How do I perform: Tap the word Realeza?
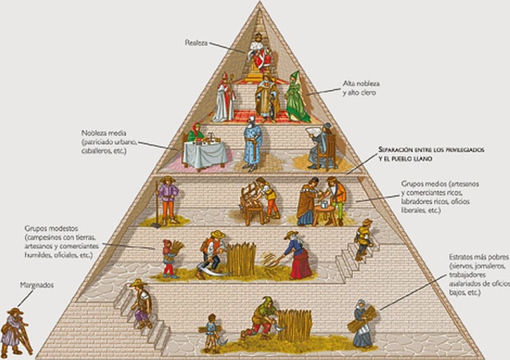click(x=196, y=42)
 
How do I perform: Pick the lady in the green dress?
click(x=296, y=97)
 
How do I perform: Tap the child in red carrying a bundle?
click(x=169, y=257)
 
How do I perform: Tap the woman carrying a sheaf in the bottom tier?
click(x=362, y=323)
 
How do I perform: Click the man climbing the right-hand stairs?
click(x=363, y=237)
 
